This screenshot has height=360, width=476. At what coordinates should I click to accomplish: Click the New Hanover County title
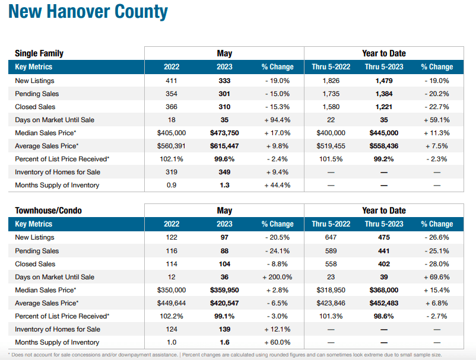(x=88, y=12)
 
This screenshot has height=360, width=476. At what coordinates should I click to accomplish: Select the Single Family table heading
(x=39, y=53)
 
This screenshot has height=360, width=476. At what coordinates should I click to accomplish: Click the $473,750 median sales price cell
(x=224, y=133)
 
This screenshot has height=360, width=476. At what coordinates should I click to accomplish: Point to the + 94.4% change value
(x=276, y=120)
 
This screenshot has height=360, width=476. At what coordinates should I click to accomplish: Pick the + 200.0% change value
(x=276, y=277)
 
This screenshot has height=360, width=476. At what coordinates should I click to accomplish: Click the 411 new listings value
(x=172, y=81)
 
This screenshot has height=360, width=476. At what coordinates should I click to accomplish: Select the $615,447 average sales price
(x=224, y=146)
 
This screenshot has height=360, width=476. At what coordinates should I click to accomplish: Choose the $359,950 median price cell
(x=224, y=290)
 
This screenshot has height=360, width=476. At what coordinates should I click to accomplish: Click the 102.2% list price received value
(x=172, y=316)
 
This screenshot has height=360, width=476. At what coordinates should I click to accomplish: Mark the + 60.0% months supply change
(x=276, y=342)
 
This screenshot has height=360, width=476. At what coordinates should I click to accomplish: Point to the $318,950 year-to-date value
(x=331, y=290)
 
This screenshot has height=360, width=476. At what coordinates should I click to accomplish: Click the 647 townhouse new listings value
(x=331, y=238)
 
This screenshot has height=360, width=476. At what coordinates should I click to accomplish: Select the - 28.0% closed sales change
(x=437, y=264)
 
